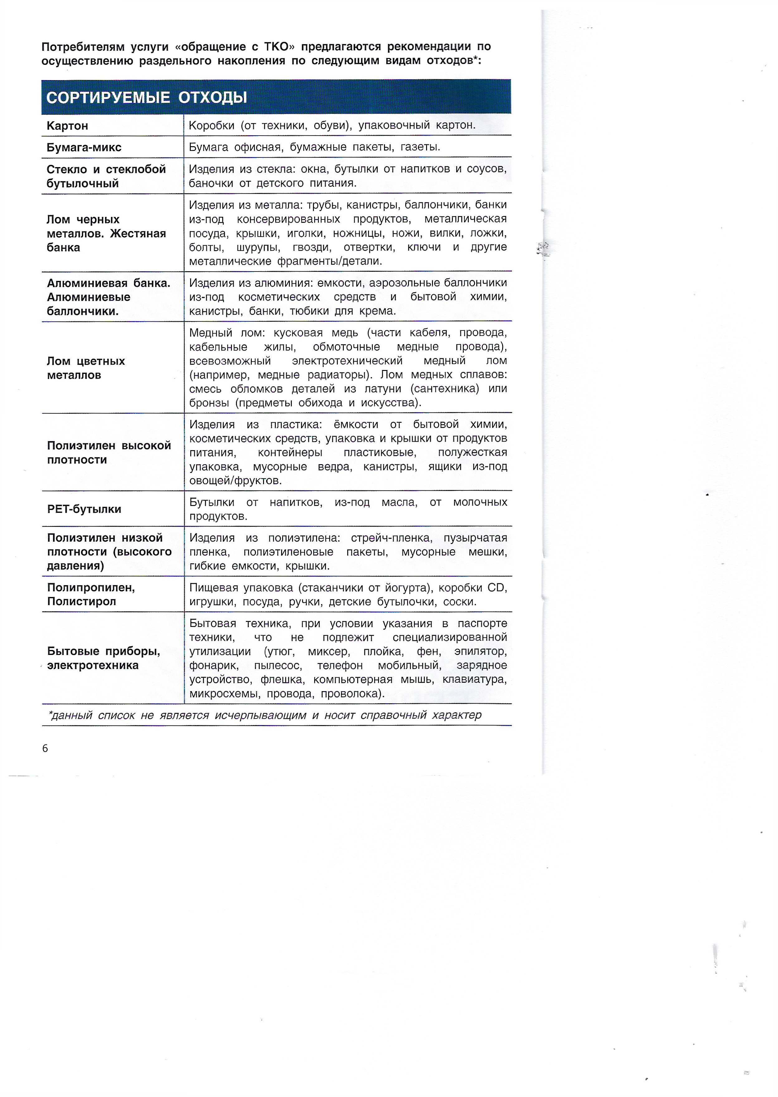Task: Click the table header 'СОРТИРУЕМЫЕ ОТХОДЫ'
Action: (146, 98)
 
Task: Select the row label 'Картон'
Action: (68, 126)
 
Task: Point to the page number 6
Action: (45, 748)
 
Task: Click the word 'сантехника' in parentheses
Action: (444, 388)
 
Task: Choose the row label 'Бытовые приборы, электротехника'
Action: (103, 658)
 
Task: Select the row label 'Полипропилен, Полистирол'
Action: (91, 594)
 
